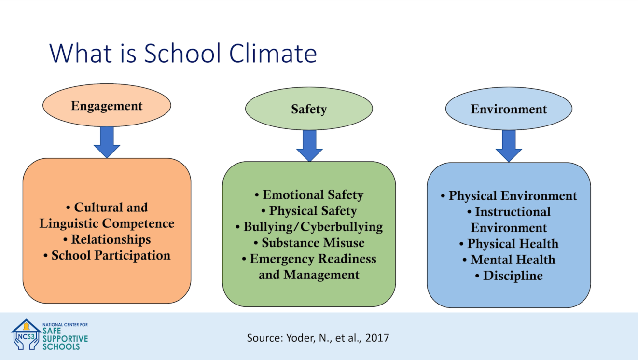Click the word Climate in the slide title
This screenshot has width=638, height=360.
273,53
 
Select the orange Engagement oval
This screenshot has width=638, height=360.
107,105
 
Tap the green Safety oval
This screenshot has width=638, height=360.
309,109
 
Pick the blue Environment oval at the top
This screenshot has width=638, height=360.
509,109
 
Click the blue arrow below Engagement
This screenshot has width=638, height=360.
107,142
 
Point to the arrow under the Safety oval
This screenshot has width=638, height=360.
309,146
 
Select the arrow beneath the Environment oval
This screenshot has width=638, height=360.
509,146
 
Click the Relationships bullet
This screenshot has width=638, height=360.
107,239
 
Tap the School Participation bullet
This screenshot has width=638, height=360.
107,255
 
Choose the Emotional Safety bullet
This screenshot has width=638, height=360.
309,195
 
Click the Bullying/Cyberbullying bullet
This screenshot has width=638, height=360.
309,227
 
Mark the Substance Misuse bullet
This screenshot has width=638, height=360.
309,243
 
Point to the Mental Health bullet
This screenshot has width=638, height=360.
509,260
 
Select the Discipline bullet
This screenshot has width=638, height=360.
509,276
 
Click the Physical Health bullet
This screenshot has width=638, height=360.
509,244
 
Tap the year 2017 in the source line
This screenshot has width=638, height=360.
377,338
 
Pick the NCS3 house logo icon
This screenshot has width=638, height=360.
26,334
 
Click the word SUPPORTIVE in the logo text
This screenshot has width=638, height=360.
65,339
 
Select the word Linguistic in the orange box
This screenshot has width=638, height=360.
68,223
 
